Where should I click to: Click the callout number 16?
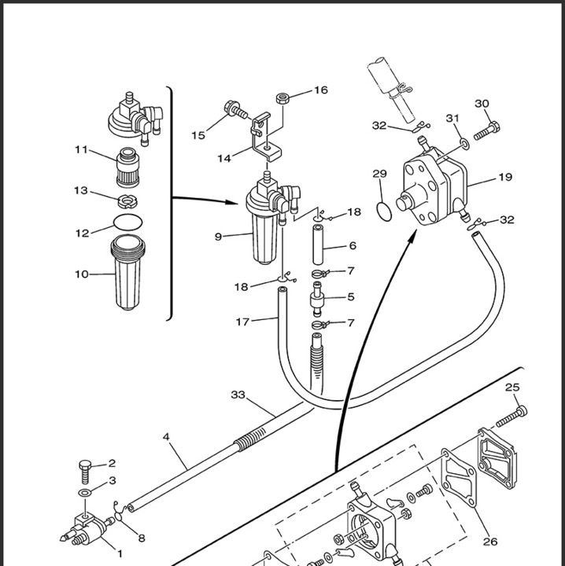pos(321,90)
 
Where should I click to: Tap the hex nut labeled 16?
pos(282,97)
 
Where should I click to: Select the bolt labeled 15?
pos(236,109)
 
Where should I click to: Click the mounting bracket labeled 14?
pos(266,136)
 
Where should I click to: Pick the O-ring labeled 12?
pos(128,222)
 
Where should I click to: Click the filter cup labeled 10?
pos(127,272)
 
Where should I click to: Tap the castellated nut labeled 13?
pos(127,201)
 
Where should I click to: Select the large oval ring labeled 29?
pos(384,211)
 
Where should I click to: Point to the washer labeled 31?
pos(465,143)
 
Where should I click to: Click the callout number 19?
pos(505,177)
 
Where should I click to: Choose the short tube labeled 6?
pos(318,244)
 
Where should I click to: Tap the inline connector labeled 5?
pos(317,300)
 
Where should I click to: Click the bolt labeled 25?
pos(511,417)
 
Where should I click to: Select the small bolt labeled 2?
pos(84,472)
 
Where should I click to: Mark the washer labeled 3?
pos(85,492)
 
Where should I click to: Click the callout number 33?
pos(238,395)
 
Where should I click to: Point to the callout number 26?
pos(490,542)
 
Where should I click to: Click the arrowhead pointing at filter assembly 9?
pos(231,202)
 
